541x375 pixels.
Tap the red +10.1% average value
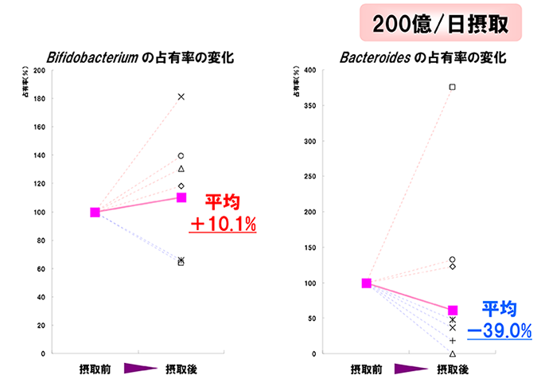(x=223, y=225)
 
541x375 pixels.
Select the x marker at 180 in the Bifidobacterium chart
(x=181, y=97)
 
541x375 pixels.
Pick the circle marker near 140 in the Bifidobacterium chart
(x=181, y=156)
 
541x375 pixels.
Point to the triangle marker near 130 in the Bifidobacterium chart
(x=181, y=169)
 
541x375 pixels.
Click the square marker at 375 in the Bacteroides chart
(x=453, y=87)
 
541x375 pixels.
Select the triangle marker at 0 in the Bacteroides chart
(x=453, y=354)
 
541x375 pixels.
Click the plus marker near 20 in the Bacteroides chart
(x=453, y=340)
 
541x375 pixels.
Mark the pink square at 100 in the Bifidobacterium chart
(x=95, y=213)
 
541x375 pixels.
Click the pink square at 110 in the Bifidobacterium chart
(x=181, y=197)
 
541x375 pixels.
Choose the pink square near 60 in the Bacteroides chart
(x=453, y=311)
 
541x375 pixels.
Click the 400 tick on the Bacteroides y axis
(x=311, y=71)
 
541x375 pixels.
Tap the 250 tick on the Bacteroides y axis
(x=311, y=177)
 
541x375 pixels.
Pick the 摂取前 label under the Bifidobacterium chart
(x=95, y=368)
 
